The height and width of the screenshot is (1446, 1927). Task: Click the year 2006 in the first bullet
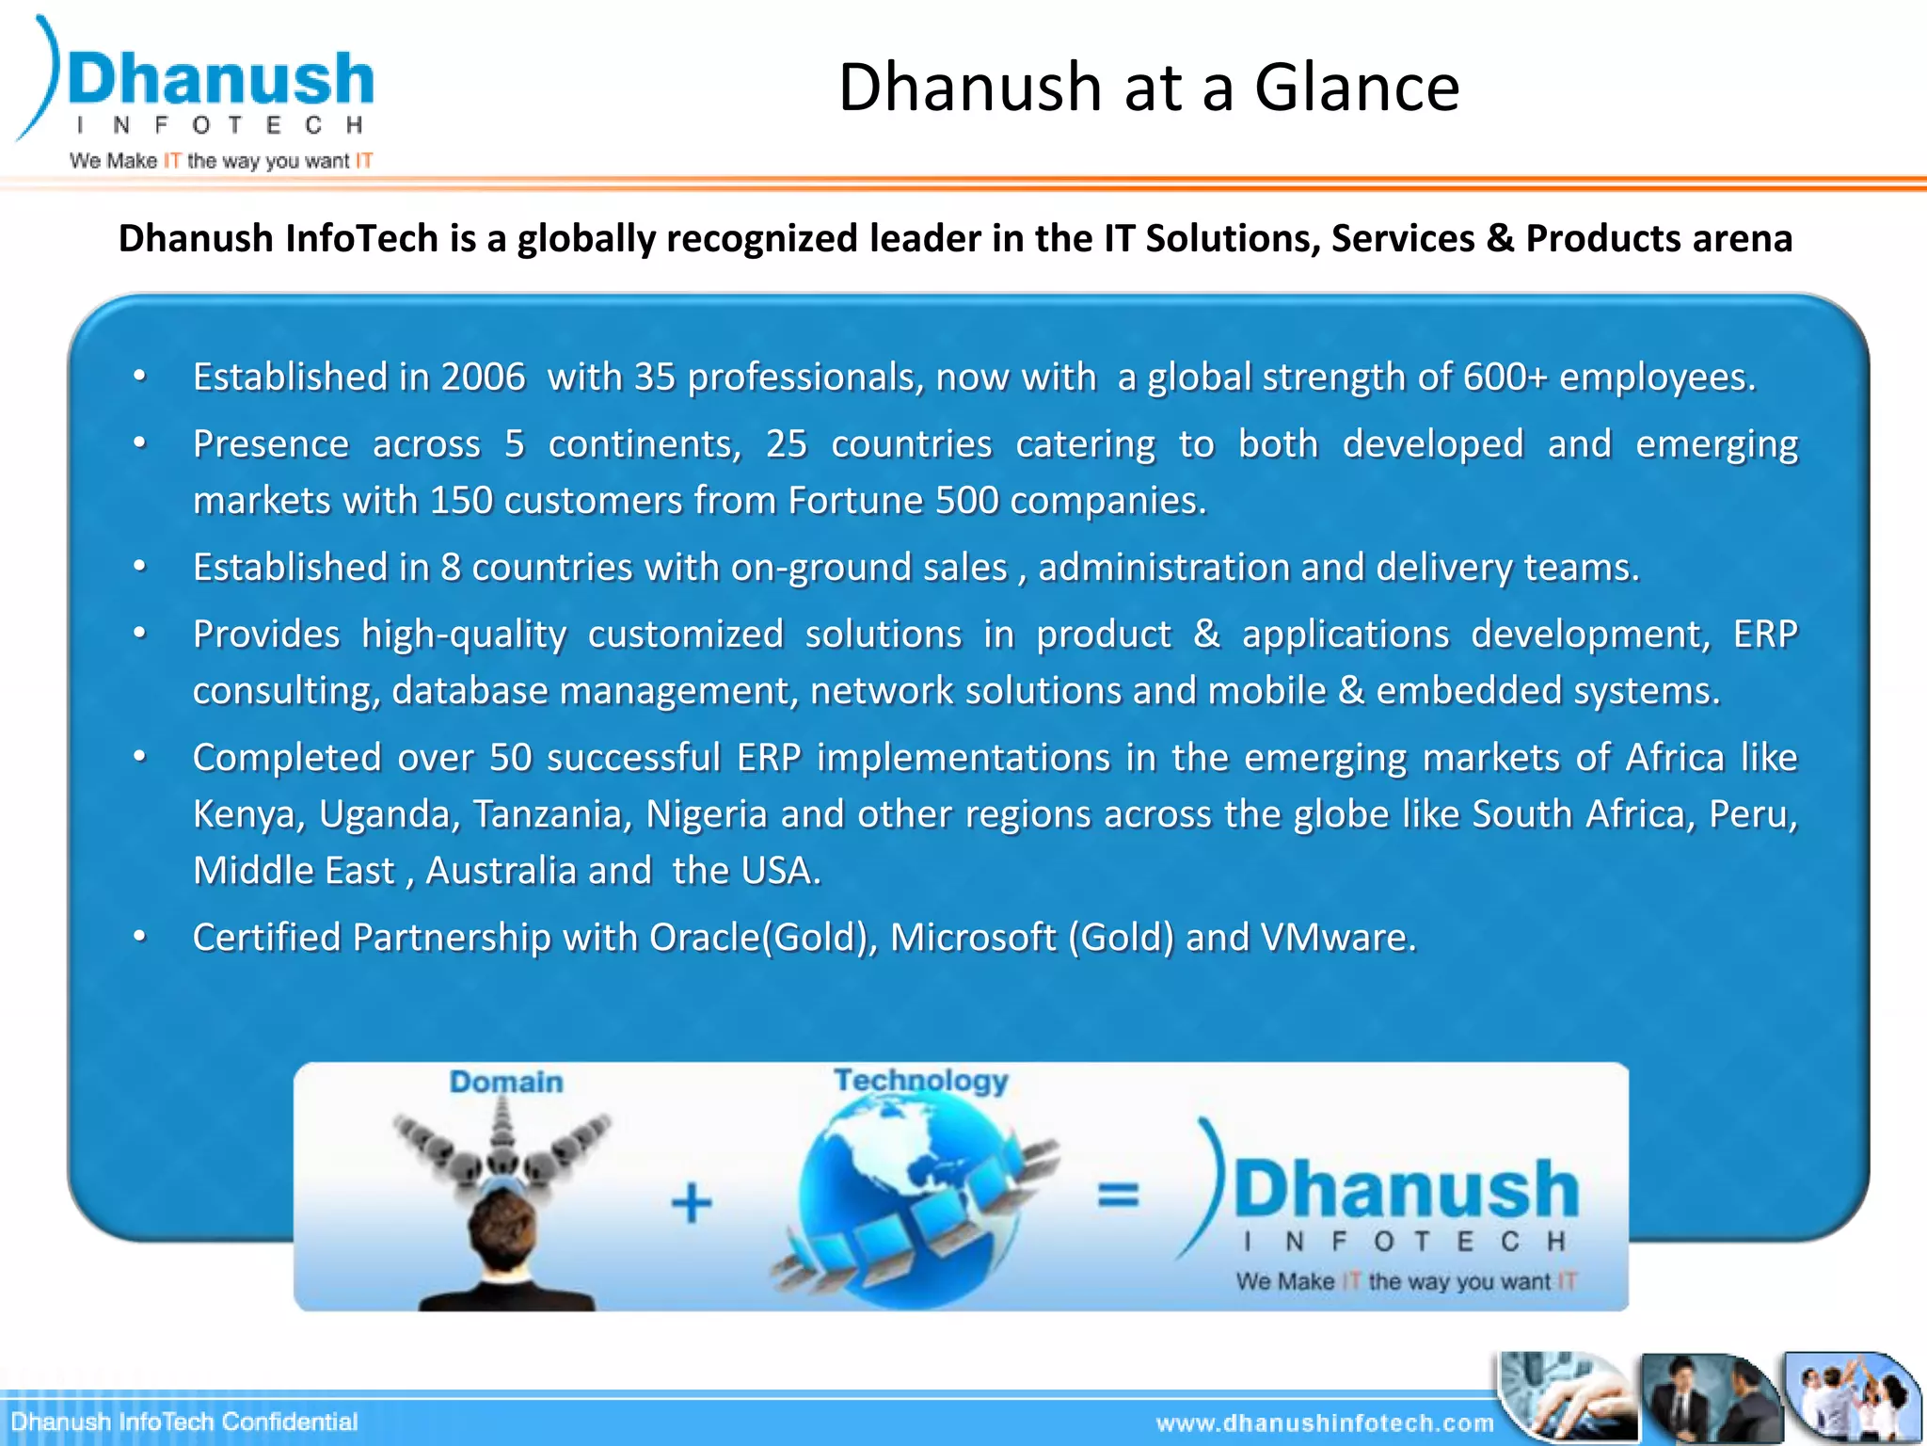pos(483,378)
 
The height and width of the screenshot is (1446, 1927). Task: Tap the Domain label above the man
pos(506,1083)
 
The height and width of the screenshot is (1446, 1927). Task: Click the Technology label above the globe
pos(920,1081)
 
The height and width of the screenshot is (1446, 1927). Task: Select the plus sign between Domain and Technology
pos(692,1203)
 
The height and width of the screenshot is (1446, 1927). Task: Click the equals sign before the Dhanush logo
pos(1118,1196)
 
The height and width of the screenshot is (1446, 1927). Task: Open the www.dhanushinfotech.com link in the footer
pos(1325,1423)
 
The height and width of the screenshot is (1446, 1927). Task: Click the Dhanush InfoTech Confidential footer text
pos(184,1422)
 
